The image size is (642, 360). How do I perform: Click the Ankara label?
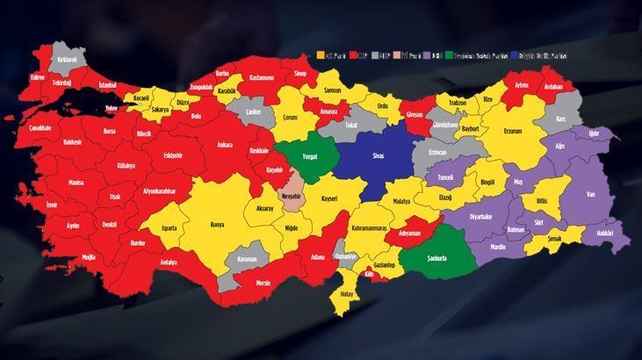[x=224, y=144]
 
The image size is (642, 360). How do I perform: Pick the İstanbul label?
[x=108, y=85]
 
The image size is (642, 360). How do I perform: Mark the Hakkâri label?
[x=605, y=234]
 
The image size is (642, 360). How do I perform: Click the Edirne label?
[x=37, y=76]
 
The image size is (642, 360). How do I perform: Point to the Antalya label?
[x=169, y=262]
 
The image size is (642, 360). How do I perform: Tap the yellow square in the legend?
[x=321, y=55]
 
